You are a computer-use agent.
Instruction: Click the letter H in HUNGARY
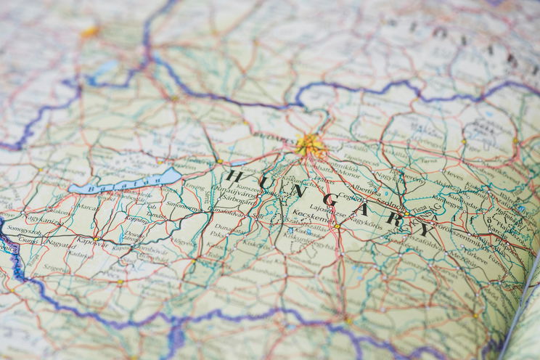233,175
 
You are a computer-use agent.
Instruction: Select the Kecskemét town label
319,218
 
